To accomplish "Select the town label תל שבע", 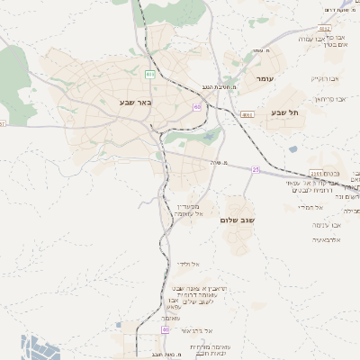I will (x=283, y=112).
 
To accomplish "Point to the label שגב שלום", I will (x=238, y=219).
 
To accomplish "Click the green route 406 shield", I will (x=149, y=73).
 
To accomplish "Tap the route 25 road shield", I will (x=256, y=169).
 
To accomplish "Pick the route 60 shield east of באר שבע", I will (x=197, y=107).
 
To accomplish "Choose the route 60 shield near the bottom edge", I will (x=166, y=329).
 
